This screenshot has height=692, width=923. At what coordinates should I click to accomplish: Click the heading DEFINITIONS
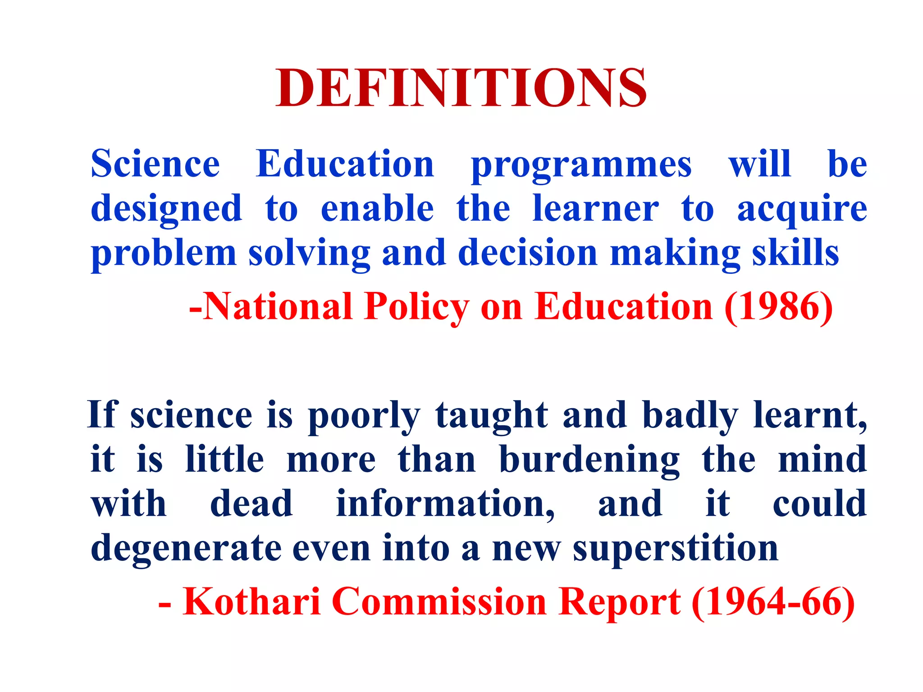(461, 88)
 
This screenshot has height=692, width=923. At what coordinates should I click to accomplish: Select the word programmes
(581, 165)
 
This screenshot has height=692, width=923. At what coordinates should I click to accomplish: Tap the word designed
(166, 209)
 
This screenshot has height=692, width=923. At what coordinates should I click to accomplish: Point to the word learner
(595, 209)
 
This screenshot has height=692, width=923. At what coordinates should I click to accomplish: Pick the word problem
(164, 254)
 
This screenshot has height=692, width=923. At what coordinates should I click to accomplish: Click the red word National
(277, 307)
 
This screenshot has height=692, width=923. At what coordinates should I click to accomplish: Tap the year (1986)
(778, 307)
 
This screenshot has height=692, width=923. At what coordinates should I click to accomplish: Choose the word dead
(251, 503)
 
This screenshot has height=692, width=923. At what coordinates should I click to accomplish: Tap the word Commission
(439, 601)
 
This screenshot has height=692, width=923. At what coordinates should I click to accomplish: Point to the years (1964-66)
(773, 602)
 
